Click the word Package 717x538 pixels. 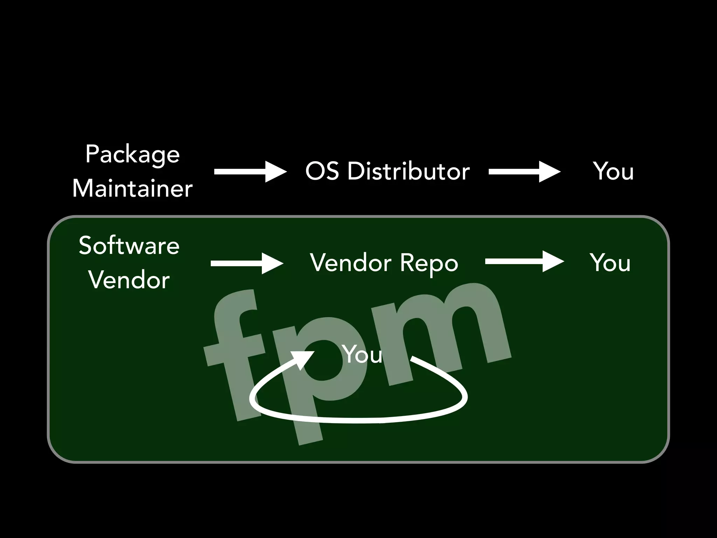132,154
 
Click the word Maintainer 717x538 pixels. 132,188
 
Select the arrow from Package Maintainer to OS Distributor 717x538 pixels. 250,172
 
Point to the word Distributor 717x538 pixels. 408,171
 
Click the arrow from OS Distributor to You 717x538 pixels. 524,172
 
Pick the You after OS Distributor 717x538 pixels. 613,171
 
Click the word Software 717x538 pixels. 129,246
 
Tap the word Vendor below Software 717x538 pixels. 129,280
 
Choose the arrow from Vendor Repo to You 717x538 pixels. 524,261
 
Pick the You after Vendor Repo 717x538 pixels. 610,263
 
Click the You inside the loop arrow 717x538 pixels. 362,354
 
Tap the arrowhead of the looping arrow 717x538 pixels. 303,359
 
